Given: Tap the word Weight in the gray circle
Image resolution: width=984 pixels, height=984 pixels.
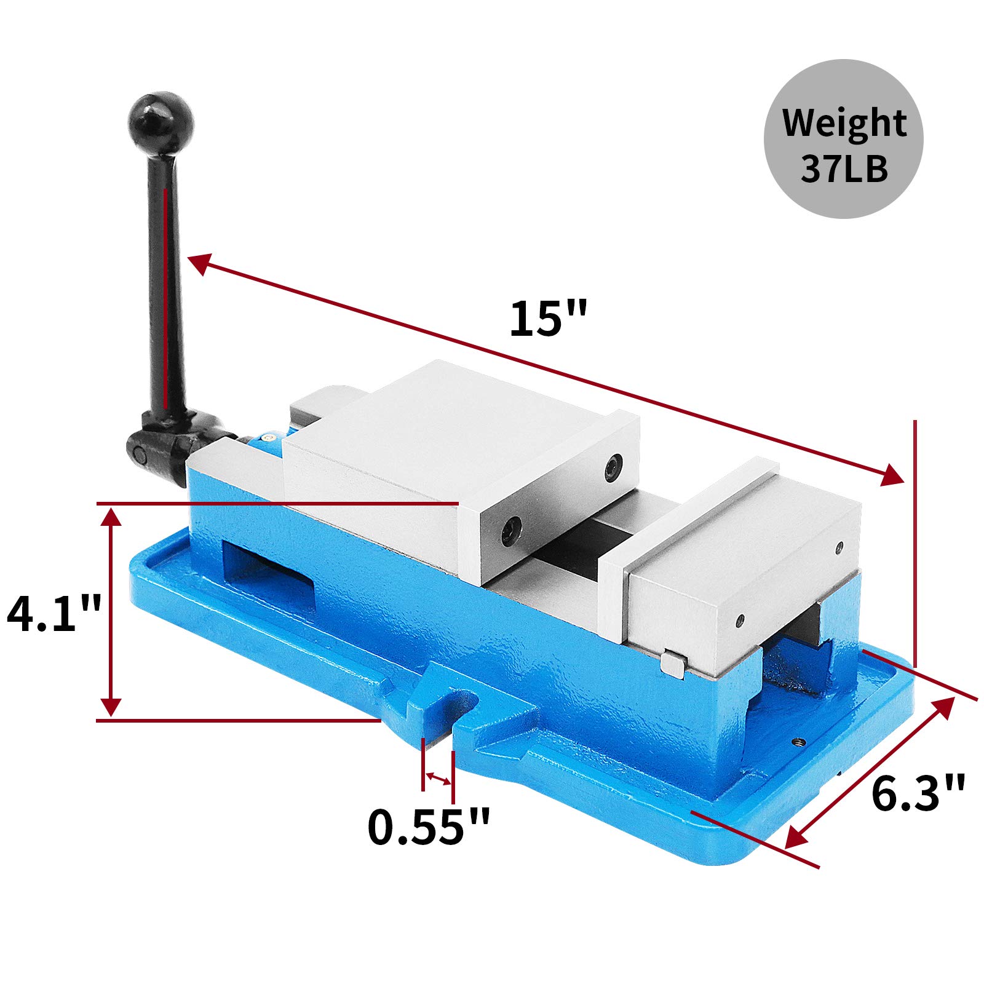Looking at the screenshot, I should (x=844, y=123).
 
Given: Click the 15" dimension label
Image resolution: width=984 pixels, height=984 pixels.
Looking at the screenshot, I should (x=549, y=319).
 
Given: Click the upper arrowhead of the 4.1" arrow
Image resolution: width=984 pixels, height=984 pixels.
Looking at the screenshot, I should (x=111, y=518).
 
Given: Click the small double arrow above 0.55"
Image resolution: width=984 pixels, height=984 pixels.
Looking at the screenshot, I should (x=438, y=779).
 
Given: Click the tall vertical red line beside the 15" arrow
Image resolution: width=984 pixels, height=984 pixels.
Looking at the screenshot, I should (x=915, y=541).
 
